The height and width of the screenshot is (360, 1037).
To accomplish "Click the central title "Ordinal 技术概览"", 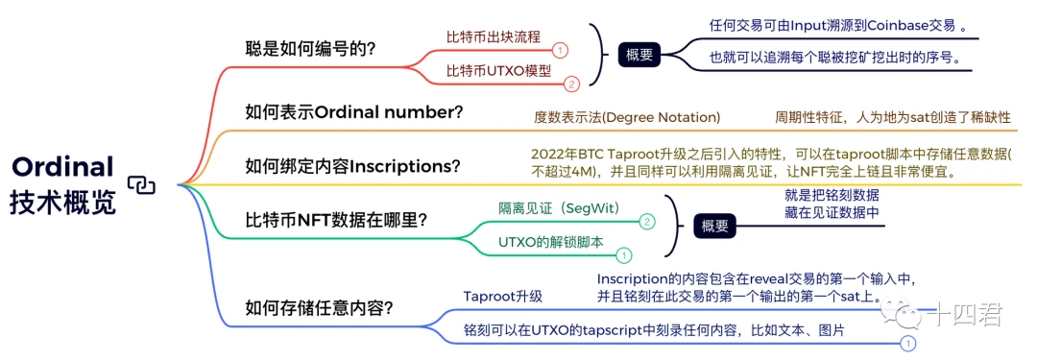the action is tap(62, 184).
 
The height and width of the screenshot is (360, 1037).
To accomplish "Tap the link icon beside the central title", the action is tap(141, 185).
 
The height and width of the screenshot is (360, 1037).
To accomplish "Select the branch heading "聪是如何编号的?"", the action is tap(310, 49).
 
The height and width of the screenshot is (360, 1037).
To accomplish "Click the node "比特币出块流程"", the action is tap(494, 36).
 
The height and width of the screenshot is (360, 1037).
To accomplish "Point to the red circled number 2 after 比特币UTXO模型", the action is tap(571, 84).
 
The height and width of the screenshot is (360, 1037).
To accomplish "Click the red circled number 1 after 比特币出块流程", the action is tap(560, 50).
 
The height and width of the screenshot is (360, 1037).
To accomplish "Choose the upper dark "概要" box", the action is tap(639, 55).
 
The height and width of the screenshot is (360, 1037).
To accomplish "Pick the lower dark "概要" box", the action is tap(714, 227).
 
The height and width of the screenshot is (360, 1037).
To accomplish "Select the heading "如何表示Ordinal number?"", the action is tap(353, 111).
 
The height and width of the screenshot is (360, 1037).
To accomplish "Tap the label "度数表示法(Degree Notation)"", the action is tap(627, 118).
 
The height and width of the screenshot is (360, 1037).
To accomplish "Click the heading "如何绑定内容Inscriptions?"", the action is tap(352, 165).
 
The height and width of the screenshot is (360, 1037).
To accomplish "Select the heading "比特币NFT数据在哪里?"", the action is tap(335, 219).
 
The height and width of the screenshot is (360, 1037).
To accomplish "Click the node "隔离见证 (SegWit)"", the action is tap(559, 208).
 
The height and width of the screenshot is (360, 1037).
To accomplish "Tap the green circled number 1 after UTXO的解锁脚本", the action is tap(623, 254).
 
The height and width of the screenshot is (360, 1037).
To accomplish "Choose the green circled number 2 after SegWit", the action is tap(647, 223).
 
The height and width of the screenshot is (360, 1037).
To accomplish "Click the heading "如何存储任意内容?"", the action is tap(319, 308).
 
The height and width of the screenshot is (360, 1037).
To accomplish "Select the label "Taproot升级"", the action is tap(502, 296).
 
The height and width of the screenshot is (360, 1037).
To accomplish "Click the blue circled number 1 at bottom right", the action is tap(908, 343).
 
